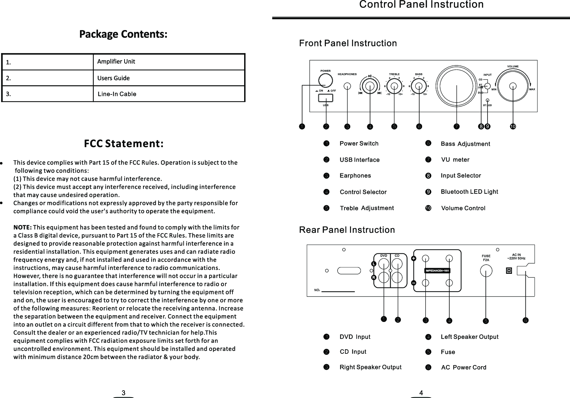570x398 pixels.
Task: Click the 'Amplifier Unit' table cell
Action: click(116, 62)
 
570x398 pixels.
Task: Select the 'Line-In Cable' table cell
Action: click(117, 94)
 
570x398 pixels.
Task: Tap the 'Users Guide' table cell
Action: click(113, 78)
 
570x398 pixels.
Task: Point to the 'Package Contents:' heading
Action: click(123, 35)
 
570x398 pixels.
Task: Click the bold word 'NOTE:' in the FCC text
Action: click(23, 227)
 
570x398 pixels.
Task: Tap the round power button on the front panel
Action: click(325, 80)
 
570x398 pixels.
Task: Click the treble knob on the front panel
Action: click(394, 85)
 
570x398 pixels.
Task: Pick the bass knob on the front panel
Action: click(419, 85)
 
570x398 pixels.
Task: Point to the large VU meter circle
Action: click(457, 86)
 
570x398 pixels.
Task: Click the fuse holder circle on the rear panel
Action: click(486, 271)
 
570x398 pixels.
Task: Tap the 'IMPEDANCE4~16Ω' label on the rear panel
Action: click(437, 271)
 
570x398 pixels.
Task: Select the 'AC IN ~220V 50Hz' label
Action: click(517, 256)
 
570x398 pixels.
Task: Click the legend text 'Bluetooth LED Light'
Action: click(469, 192)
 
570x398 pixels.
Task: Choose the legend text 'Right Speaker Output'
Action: click(370, 367)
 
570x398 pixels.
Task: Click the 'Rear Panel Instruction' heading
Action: click(347, 230)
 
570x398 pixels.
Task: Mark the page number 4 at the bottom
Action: click(421, 393)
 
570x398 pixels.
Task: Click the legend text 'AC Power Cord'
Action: click(464, 368)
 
